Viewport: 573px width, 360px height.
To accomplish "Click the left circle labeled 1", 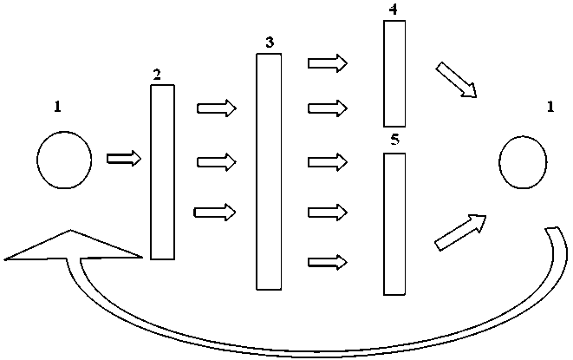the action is [64, 160].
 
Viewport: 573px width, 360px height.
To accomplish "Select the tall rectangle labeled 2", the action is [162, 172].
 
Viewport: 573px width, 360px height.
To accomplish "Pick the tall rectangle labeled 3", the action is [269, 172].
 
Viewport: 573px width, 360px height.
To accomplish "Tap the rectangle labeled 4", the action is [394, 74].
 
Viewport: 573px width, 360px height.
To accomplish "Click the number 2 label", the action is [156, 75].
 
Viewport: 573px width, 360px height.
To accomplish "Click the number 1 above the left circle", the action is [58, 107].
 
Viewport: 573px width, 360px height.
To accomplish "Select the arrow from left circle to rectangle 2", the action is [123, 158].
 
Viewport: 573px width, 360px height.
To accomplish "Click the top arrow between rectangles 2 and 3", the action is [217, 108].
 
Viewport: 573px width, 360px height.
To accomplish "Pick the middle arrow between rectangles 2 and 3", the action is [217, 161].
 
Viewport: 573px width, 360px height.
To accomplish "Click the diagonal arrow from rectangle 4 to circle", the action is [457, 81].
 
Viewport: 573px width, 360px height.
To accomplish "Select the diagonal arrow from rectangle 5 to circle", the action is [458, 232].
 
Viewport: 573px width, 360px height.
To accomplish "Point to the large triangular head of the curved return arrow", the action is [71, 247].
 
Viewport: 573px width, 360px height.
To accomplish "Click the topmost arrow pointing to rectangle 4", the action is [328, 62].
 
